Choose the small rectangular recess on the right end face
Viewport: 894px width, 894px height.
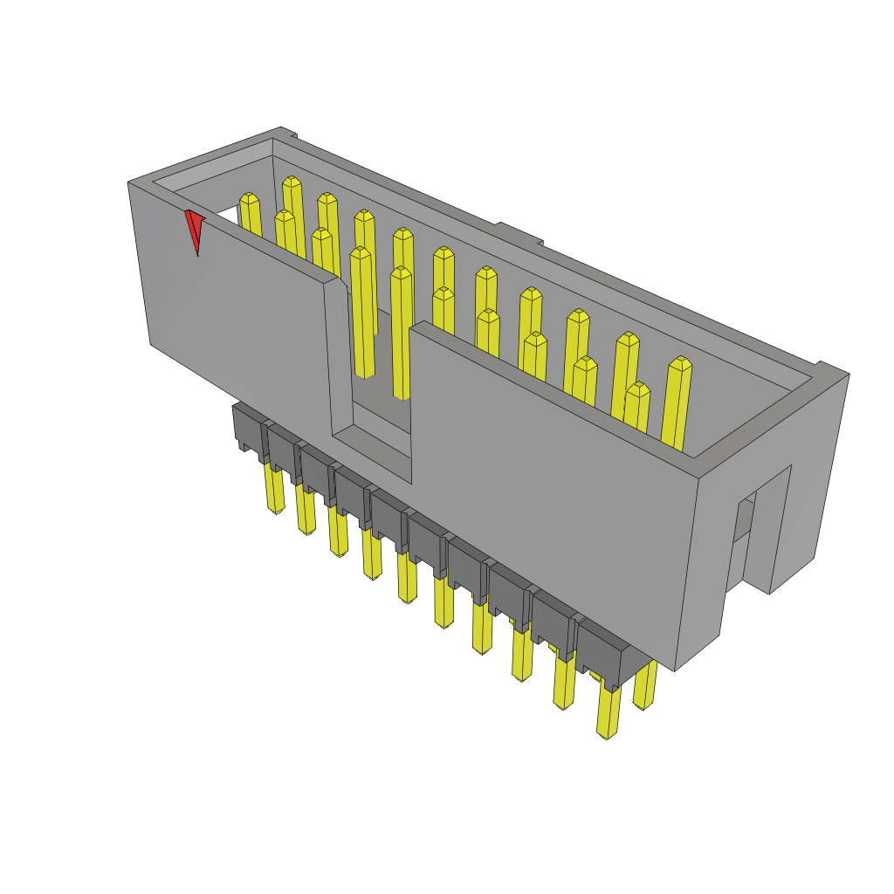(743, 520)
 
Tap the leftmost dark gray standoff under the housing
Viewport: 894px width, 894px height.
(249, 426)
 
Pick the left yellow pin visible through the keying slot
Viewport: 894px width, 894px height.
(361, 314)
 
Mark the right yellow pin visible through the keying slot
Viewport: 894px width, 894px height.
(401, 332)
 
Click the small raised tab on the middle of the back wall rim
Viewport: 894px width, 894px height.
(518, 233)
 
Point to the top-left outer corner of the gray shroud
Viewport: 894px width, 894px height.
(129, 182)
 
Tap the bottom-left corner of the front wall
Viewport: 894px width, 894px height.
(151, 344)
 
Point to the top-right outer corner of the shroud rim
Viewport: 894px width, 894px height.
(848, 375)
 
